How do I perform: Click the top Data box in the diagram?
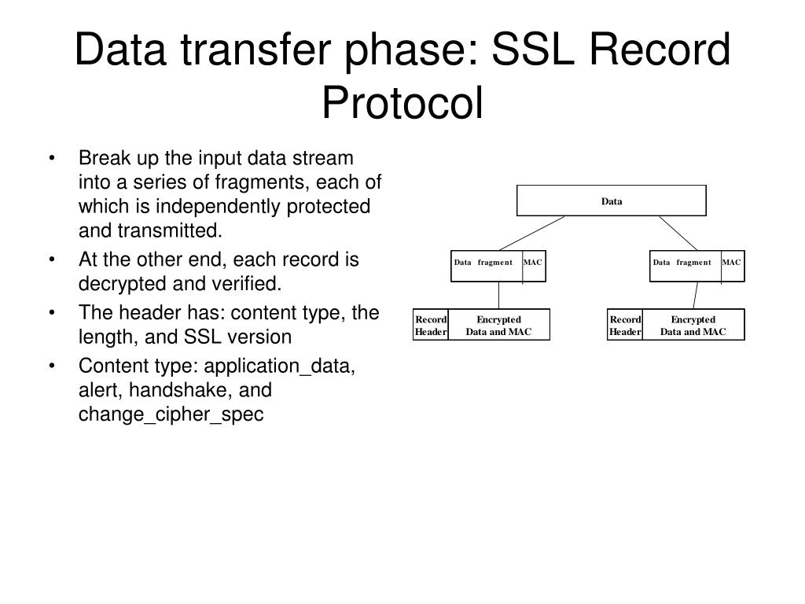click(611, 201)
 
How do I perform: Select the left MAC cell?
click(533, 263)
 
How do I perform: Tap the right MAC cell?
click(732, 263)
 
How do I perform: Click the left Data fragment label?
click(483, 263)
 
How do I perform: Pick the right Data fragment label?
click(682, 263)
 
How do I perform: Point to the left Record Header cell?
click(431, 326)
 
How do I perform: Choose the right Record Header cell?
click(626, 326)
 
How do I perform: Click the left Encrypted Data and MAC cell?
click(499, 326)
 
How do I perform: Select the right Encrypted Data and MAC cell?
click(693, 326)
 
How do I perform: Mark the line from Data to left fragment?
click(531, 233)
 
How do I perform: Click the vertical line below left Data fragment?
click(499, 296)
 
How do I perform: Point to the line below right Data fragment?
click(695, 296)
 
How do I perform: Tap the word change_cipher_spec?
click(171, 414)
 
